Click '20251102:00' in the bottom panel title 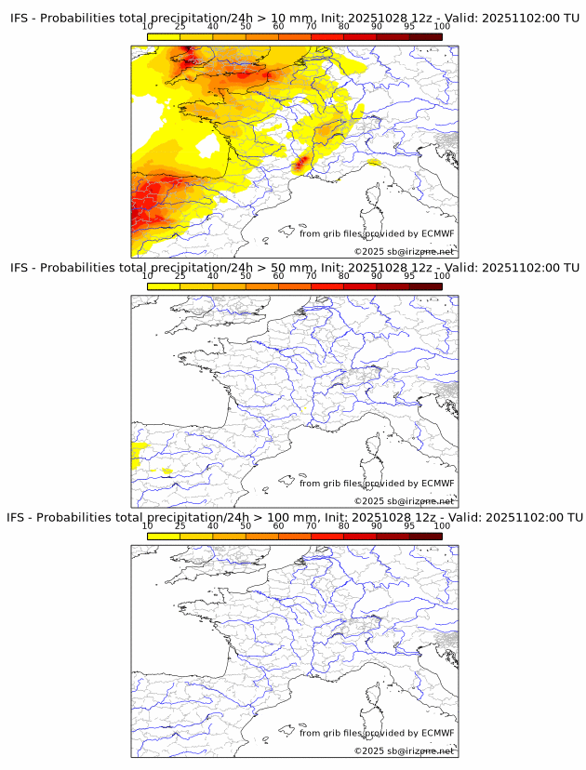pos(525,516)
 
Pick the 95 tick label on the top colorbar pos(409,27)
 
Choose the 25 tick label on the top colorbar pos(180,27)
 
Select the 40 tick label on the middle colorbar pos(213,276)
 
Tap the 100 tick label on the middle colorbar pos(442,276)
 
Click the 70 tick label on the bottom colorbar pos(312,525)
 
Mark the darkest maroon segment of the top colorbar pos(425,37)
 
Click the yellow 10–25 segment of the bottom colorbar pos(164,536)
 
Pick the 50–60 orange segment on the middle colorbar pos(262,286)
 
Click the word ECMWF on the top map pos(438,233)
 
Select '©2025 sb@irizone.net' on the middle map pos(404,501)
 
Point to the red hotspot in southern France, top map pos(301,166)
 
